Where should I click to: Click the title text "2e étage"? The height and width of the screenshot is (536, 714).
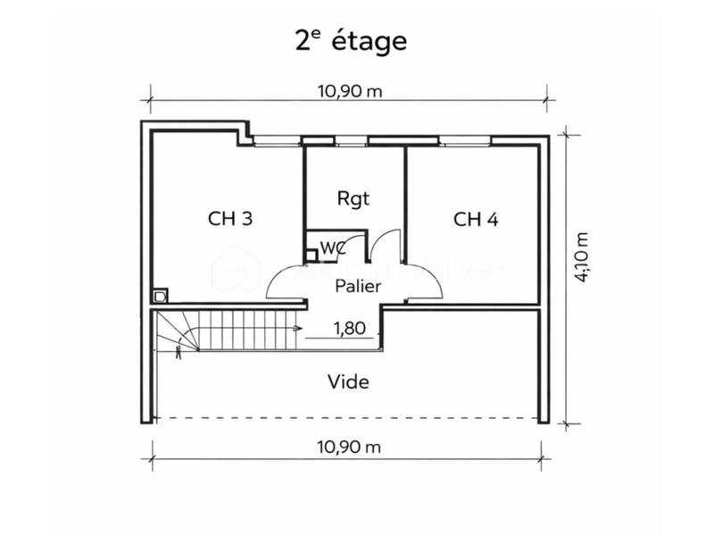tap(351, 40)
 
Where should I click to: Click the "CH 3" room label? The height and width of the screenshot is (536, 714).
tap(229, 219)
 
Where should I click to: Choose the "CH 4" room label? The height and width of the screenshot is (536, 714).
tap(475, 219)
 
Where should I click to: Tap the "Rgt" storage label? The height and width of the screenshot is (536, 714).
tap(353, 197)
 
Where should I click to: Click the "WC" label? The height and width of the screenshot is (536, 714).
tap(332, 247)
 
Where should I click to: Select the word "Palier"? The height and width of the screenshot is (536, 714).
tap(358, 287)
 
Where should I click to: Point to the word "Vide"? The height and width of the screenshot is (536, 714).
tap(348, 381)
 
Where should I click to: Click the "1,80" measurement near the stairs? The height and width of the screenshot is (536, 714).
tap(349, 328)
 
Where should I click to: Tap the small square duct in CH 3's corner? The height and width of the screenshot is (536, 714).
tap(160, 295)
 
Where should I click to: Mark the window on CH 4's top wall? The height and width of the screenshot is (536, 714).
tap(464, 140)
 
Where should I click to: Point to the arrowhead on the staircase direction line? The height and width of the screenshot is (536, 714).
tap(295, 329)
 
